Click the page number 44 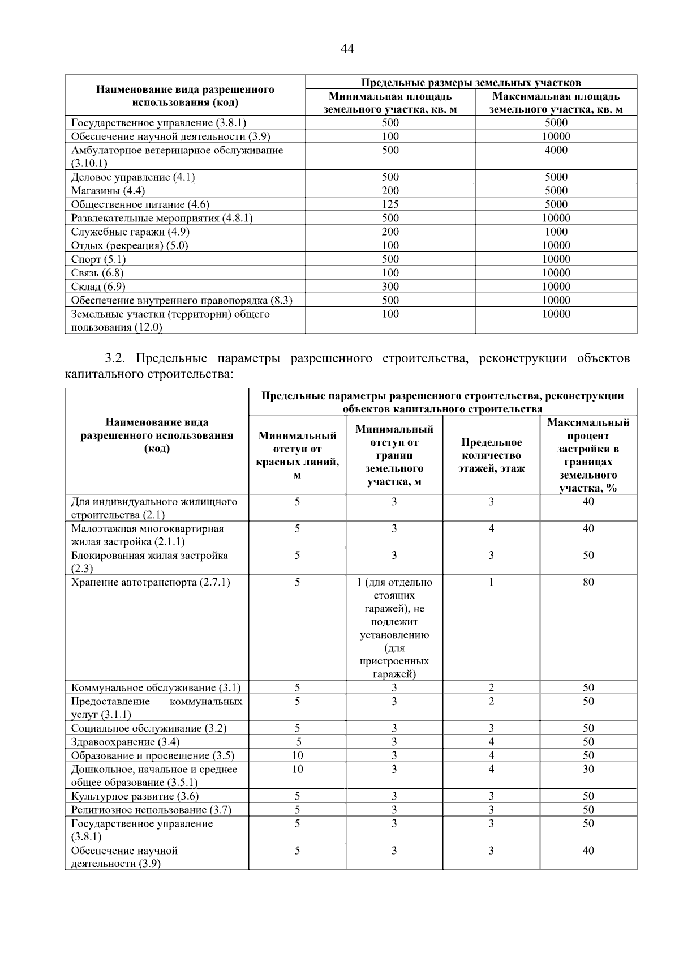click(x=347, y=49)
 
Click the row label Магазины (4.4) click(x=108, y=191)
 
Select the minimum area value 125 click(x=390, y=204)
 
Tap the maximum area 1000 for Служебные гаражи click(x=556, y=232)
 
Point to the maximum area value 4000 click(x=556, y=150)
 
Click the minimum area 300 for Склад click(x=390, y=287)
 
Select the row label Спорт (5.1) click(x=98, y=259)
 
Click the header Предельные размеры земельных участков click(x=471, y=82)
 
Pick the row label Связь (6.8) click(x=97, y=273)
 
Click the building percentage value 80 click(x=588, y=582)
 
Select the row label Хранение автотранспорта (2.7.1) click(x=151, y=582)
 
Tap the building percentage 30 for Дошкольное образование click(x=588, y=769)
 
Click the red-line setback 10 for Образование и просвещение click(x=298, y=755)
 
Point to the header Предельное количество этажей click(x=491, y=455)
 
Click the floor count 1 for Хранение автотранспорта click(x=491, y=582)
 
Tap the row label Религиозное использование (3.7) click(x=151, y=810)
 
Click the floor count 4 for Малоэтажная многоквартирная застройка click(x=491, y=528)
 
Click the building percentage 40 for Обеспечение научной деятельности click(x=588, y=851)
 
